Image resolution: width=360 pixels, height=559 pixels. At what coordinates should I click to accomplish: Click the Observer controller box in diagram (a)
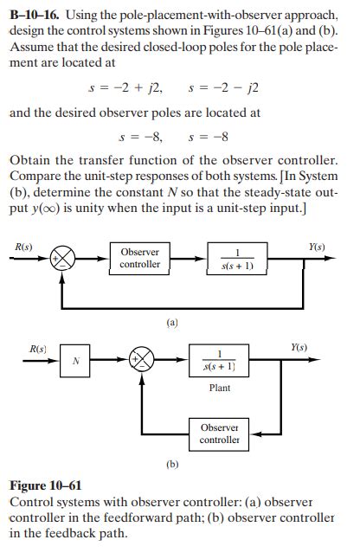coord(139,258)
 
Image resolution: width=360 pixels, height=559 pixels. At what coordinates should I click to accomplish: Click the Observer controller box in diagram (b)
coord(220,434)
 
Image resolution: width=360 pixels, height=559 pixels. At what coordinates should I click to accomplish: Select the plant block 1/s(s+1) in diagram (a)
coord(237,259)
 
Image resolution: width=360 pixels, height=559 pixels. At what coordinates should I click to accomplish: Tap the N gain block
coord(77,361)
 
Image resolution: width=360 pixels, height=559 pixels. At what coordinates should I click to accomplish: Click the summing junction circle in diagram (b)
coord(142,360)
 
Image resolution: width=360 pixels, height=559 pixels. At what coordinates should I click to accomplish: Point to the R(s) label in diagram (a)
coord(24,247)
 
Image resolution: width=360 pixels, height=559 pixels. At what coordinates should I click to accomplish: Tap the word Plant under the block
coord(220,388)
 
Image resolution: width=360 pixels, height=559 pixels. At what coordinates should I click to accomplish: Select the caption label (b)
coord(172,465)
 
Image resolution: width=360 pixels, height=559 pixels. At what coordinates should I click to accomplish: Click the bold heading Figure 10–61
coord(45,486)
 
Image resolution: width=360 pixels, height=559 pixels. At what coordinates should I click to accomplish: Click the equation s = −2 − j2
coord(222,88)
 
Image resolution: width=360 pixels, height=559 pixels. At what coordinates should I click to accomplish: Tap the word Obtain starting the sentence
coord(30,161)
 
